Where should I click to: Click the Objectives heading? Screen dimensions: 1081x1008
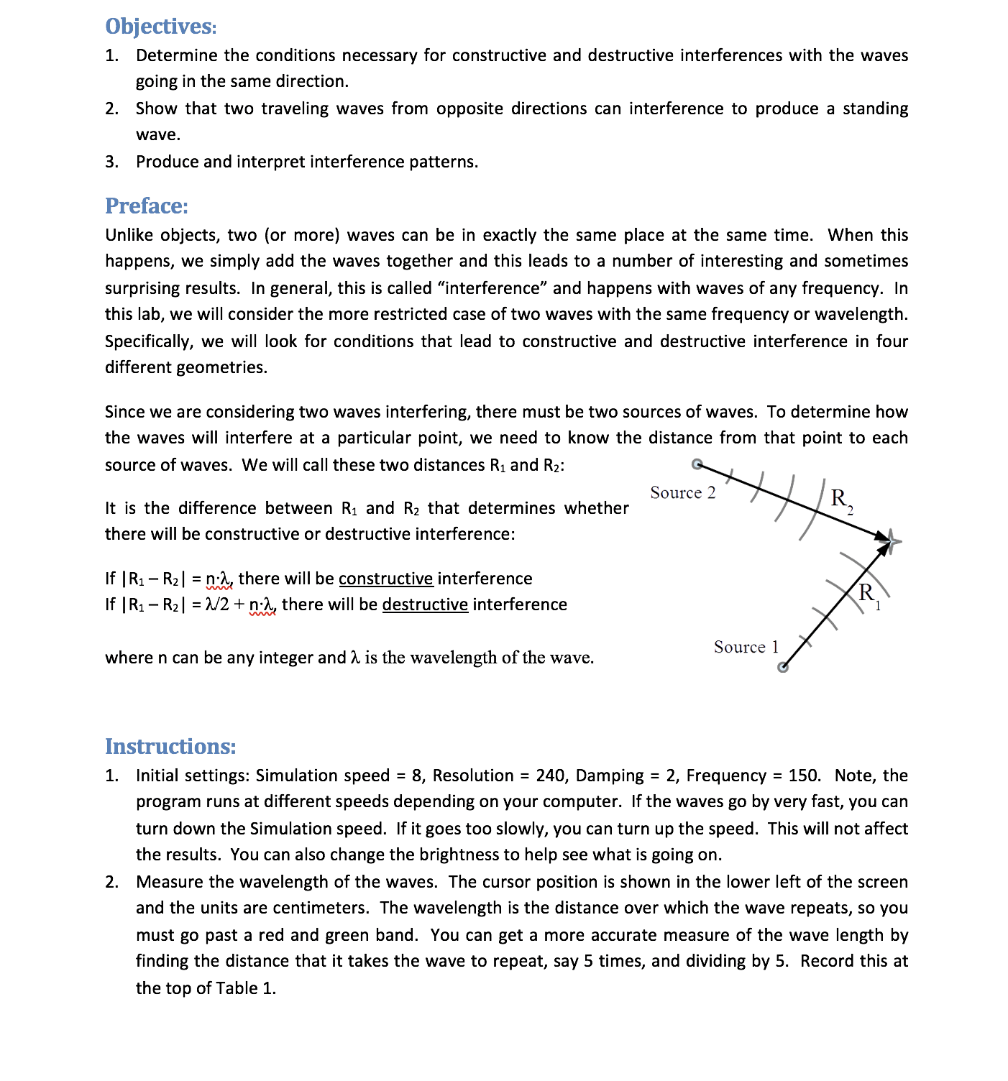click(x=160, y=27)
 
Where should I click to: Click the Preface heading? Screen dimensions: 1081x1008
click(x=147, y=206)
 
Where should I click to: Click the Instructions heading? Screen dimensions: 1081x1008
click(x=170, y=747)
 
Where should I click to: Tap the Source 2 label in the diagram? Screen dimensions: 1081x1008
click(x=682, y=493)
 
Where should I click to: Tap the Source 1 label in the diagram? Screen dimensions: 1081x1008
click(x=746, y=648)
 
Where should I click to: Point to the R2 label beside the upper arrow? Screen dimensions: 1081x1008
click(x=840, y=499)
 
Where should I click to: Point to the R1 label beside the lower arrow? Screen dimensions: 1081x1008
click(x=869, y=594)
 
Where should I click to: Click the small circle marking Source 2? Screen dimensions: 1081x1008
click(x=697, y=464)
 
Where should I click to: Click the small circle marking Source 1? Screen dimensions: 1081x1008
click(x=783, y=667)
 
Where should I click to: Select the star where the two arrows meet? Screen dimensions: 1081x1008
click(x=892, y=540)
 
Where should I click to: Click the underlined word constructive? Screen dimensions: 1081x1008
click(x=385, y=579)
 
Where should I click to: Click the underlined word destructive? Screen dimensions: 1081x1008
click(x=425, y=605)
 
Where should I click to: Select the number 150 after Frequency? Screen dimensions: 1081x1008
click(x=803, y=776)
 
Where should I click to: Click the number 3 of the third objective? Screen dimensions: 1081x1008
click(x=111, y=162)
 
